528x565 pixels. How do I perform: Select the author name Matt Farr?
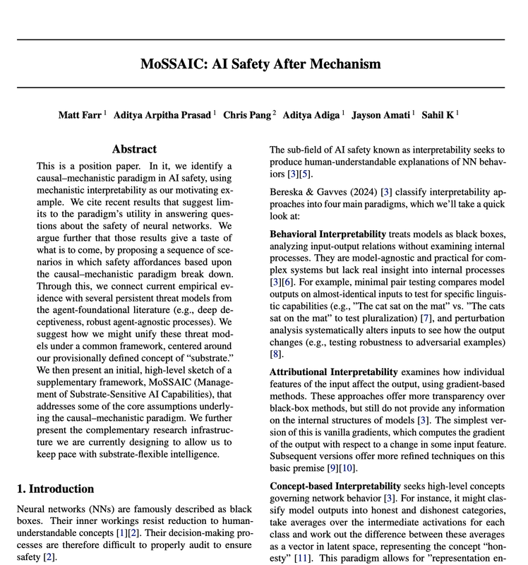click(80, 114)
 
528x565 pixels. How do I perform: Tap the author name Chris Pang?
click(247, 114)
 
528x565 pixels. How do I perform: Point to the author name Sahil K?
click(438, 114)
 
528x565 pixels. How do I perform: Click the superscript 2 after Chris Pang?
click(275, 112)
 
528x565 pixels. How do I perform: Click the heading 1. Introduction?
click(55, 489)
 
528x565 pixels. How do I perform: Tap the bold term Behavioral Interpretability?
click(328, 234)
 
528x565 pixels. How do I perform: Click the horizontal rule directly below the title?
click(264, 88)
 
